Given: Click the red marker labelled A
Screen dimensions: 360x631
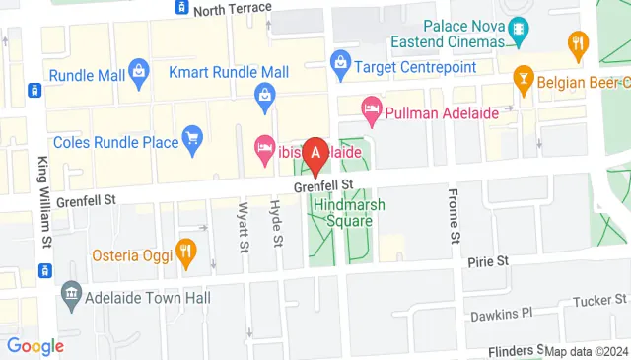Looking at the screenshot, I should point(315,153).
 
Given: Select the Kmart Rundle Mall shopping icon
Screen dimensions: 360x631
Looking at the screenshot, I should point(264,95).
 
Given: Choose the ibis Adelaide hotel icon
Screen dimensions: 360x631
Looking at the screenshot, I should point(264,148).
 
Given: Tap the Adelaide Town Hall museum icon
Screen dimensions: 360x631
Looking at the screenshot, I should point(70,293).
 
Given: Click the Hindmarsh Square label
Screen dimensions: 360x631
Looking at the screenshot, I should point(342,212).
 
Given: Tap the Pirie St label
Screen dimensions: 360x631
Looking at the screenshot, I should point(488,261).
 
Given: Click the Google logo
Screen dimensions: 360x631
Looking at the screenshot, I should point(35,345).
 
